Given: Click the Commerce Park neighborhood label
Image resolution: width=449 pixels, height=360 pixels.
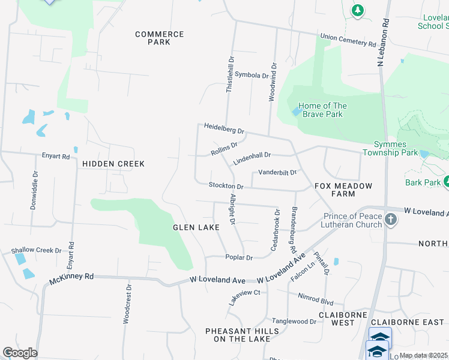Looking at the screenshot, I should [x=159, y=38].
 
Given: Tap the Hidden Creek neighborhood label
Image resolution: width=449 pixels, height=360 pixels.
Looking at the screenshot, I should [x=114, y=163].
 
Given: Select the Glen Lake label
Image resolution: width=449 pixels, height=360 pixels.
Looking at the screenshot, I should [x=196, y=227].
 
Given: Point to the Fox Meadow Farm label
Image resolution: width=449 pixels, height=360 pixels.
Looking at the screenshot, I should [x=344, y=190].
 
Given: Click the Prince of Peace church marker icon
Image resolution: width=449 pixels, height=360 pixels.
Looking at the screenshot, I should [x=391, y=220].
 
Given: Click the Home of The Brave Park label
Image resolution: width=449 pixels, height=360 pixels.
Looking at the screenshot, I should [x=322, y=110].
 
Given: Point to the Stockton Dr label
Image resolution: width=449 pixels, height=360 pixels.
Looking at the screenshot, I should [x=226, y=186].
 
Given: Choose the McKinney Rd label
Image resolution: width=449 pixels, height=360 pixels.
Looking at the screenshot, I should [x=72, y=277].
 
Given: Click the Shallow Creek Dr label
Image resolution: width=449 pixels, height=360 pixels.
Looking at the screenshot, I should [x=37, y=250].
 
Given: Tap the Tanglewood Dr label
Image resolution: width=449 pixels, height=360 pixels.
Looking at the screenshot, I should [x=294, y=322].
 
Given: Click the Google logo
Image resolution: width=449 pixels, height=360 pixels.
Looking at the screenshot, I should [x=20, y=353].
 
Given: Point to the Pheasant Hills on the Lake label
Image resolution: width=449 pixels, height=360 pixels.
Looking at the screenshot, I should [x=242, y=335].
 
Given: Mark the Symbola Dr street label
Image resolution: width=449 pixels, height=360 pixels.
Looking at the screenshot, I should [x=252, y=75].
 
